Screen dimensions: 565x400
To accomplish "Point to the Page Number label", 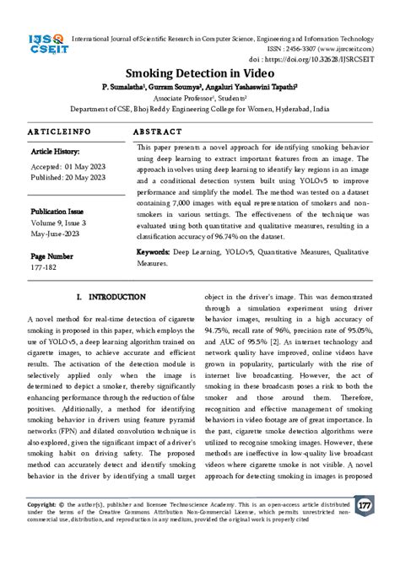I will (x=51, y=256).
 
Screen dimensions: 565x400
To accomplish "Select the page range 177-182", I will (x=46, y=268).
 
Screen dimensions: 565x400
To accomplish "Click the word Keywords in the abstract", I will (x=155, y=252).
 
